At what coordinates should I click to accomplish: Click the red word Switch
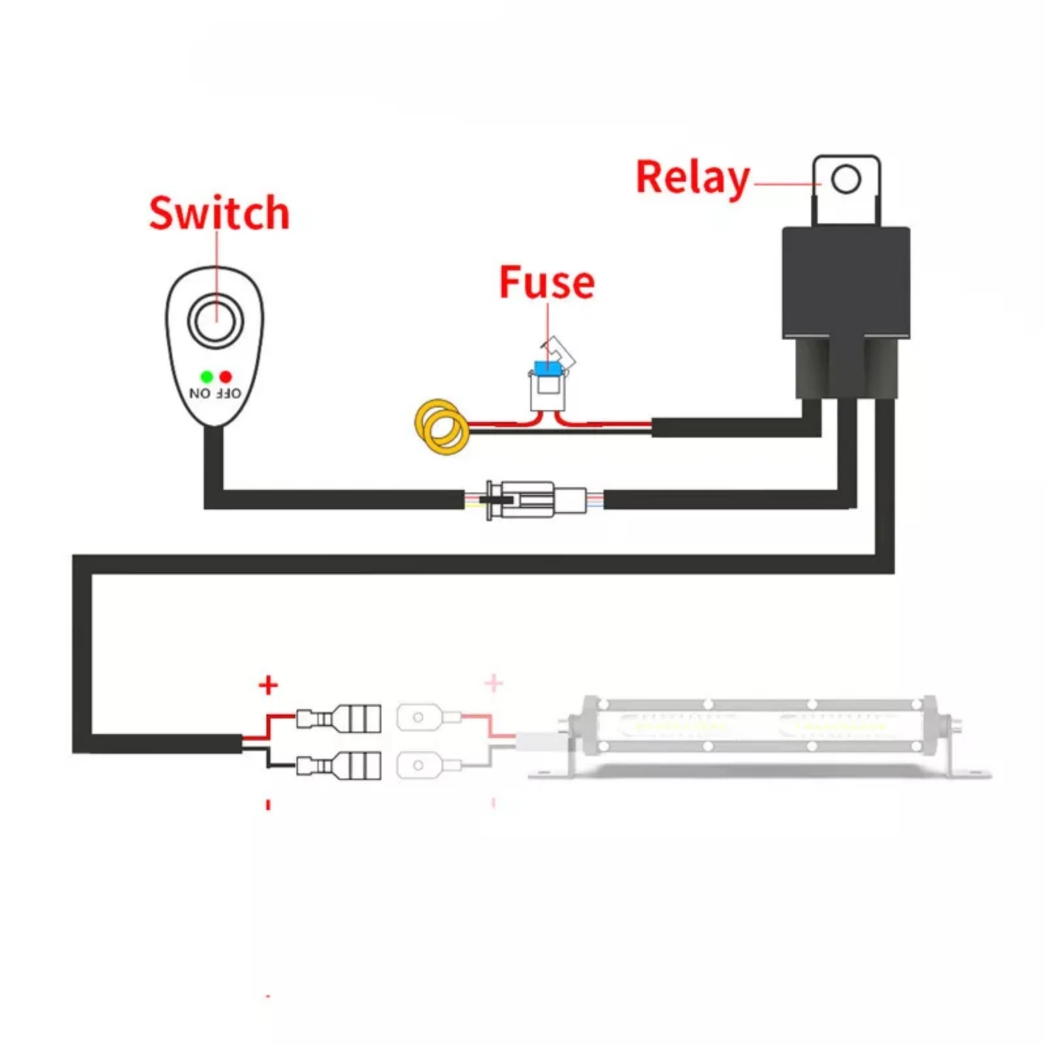coord(219,213)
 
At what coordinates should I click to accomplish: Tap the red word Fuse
coord(547,282)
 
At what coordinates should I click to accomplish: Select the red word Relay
coord(692,178)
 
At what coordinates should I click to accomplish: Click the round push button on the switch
coord(216,321)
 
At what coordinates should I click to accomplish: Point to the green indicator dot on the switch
coord(206,377)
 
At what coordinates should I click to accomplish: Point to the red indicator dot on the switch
coord(226,377)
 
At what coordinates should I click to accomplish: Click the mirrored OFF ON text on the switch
coord(215,393)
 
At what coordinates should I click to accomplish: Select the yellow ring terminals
coord(442,426)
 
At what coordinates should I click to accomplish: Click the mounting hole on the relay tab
coord(846,179)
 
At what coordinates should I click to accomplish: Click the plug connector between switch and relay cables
coord(529,500)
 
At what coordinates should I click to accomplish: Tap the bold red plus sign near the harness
coord(268,685)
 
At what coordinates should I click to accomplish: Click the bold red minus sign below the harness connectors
coord(268,805)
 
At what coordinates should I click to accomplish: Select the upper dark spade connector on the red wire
coord(340,719)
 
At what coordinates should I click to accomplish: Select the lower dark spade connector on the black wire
coord(340,765)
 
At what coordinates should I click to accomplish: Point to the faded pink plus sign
coord(494,683)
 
